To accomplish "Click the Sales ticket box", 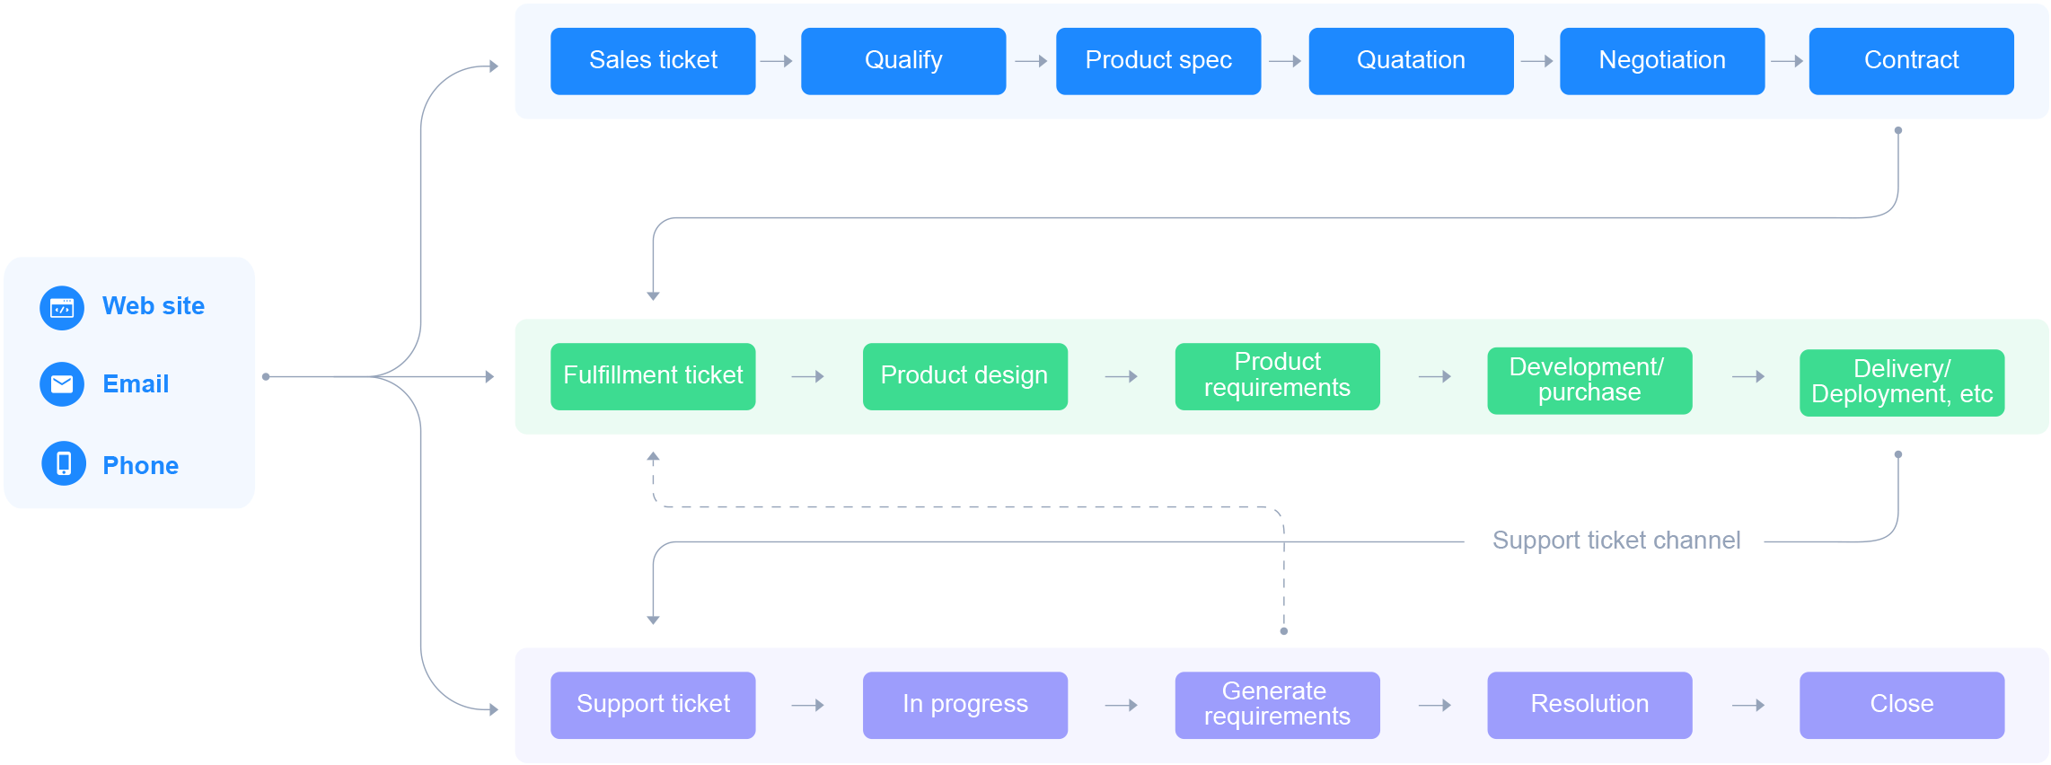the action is [x=653, y=61].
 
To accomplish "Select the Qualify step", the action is [x=903, y=61].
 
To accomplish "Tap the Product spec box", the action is [x=1158, y=61].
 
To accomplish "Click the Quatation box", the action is [x=1411, y=61].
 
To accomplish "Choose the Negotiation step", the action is [x=1662, y=61].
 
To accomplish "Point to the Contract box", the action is [x=1911, y=61].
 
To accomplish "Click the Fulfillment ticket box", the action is [x=653, y=376].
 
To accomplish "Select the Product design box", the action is [x=965, y=376].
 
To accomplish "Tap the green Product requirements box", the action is [x=1277, y=376].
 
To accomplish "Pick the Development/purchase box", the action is [x=1589, y=381].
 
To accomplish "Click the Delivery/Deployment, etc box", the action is [x=1902, y=382].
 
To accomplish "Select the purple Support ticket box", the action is [x=653, y=705].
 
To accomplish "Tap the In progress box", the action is [x=965, y=705].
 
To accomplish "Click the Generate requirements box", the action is [x=1277, y=705].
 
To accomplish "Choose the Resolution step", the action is [x=1589, y=705].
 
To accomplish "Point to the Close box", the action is [x=1902, y=705].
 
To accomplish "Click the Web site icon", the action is [x=62, y=308].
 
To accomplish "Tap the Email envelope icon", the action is [x=62, y=384].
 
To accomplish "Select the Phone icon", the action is [x=64, y=463].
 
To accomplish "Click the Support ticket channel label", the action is [x=1616, y=541].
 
